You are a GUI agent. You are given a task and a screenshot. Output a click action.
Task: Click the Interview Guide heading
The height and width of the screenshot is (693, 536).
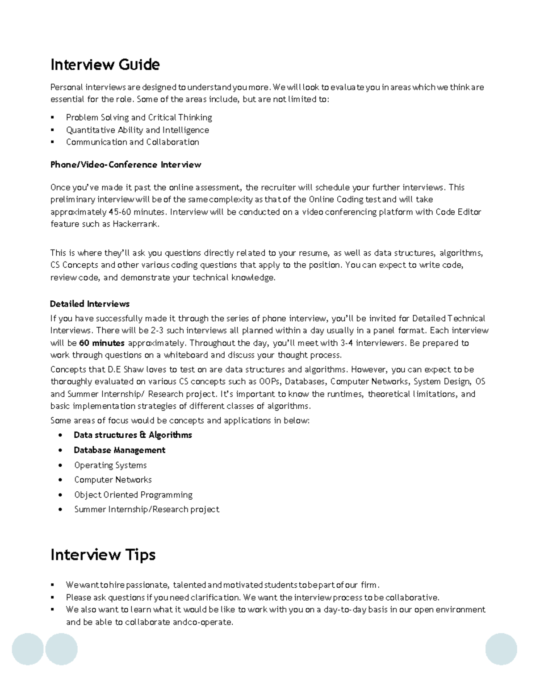(x=105, y=65)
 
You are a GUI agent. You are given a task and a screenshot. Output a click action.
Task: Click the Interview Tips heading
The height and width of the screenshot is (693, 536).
(x=103, y=555)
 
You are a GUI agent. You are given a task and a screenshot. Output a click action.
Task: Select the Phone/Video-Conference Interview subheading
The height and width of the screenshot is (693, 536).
(x=126, y=165)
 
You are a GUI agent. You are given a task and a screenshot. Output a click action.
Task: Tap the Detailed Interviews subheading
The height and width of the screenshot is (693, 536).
(x=90, y=304)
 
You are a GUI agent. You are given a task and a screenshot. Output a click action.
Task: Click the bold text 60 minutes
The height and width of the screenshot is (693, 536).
(x=102, y=343)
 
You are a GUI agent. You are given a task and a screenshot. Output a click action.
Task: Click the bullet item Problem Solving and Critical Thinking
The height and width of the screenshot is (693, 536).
(x=139, y=117)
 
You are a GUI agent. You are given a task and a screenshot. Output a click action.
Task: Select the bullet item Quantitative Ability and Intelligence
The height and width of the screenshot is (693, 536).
(x=138, y=130)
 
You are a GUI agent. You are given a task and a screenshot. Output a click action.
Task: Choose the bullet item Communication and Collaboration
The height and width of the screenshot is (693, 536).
(x=133, y=142)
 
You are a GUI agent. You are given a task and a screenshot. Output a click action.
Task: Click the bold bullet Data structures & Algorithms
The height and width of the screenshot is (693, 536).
(x=133, y=435)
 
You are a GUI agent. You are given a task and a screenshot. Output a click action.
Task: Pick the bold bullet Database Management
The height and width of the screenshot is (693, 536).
(x=120, y=450)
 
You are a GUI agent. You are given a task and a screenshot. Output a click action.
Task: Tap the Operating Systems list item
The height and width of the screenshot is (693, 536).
(x=110, y=465)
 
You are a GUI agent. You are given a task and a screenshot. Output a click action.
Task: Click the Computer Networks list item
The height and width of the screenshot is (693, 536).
(x=113, y=480)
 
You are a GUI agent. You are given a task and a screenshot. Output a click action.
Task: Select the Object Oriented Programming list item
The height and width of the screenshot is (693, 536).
(x=133, y=495)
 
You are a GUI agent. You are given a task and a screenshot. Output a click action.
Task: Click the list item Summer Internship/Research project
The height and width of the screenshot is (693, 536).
(x=147, y=509)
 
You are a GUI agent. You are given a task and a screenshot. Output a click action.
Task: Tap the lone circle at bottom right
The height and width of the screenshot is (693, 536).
(x=501, y=649)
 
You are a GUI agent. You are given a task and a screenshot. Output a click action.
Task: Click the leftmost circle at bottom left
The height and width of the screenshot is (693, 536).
(x=28, y=649)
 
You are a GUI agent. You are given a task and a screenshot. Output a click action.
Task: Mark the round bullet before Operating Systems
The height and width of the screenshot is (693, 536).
(x=60, y=465)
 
